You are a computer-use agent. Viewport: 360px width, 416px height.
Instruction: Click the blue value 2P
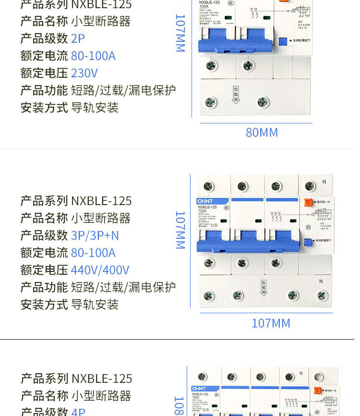(x=78, y=38)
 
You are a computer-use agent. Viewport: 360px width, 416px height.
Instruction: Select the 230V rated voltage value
(x=84, y=73)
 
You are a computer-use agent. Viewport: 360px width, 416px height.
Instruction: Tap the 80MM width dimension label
(x=262, y=133)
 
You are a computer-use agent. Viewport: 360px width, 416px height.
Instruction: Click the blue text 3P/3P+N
(x=95, y=235)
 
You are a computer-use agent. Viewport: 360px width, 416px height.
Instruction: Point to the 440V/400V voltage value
(x=100, y=270)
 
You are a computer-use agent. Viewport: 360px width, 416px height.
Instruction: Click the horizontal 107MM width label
(x=271, y=323)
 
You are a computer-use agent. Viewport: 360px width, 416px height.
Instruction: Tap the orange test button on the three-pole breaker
(x=308, y=202)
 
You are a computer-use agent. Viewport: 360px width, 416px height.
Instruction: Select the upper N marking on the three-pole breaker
(x=324, y=182)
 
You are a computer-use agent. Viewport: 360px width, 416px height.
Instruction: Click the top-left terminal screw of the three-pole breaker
(x=208, y=186)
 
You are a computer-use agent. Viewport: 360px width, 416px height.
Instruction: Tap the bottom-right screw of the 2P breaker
(x=263, y=102)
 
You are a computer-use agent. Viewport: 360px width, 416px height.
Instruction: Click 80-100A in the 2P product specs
(x=93, y=56)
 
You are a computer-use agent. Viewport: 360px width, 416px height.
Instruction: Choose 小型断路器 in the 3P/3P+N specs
(x=101, y=218)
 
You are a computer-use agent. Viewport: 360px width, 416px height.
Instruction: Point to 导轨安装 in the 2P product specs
(x=95, y=108)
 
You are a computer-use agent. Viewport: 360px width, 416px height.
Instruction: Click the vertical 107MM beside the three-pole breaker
(x=180, y=230)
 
